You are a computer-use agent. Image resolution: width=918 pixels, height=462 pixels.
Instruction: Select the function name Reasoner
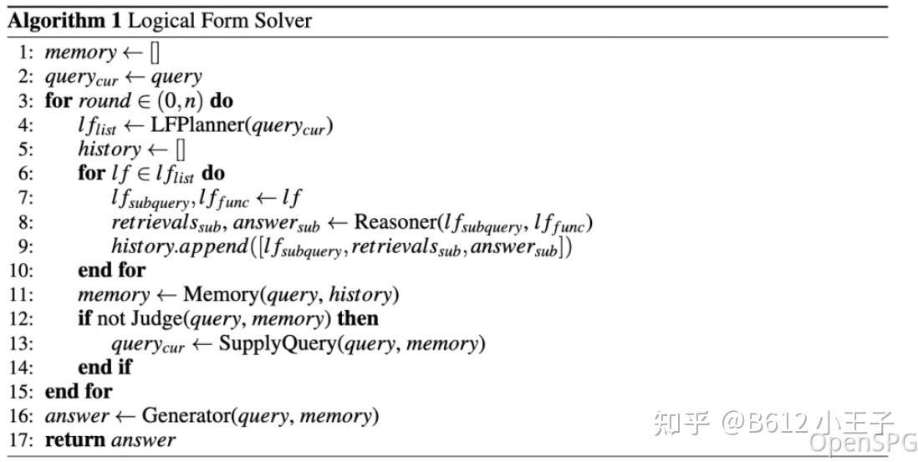[x=394, y=222]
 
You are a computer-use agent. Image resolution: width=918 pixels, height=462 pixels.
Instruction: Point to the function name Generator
[x=187, y=415]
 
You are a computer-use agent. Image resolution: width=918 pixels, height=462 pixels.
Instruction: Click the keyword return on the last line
[x=75, y=440]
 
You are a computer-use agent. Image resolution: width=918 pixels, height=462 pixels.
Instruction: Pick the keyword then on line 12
[x=358, y=319]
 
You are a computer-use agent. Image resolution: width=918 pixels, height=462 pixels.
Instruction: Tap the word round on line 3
[x=105, y=101]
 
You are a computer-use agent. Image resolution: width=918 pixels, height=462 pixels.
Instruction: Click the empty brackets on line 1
[x=155, y=53]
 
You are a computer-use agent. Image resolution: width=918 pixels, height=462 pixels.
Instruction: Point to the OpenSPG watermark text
[x=862, y=443]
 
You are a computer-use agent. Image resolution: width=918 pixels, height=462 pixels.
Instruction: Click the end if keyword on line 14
[x=105, y=368]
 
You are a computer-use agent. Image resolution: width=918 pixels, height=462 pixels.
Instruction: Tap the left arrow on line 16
[x=125, y=416]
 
